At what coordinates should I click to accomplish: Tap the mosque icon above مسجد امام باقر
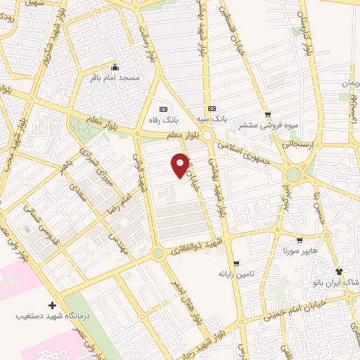click(115, 67)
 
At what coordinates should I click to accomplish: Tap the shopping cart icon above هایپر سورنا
click(300, 240)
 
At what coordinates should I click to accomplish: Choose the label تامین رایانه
click(235, 273)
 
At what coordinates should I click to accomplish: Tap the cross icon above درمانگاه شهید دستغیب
click(51, 306)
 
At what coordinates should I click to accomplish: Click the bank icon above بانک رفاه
click(164, 109)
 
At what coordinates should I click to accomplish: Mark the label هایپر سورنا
click(301, 250)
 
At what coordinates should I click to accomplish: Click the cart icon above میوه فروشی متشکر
click(266, 115)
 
